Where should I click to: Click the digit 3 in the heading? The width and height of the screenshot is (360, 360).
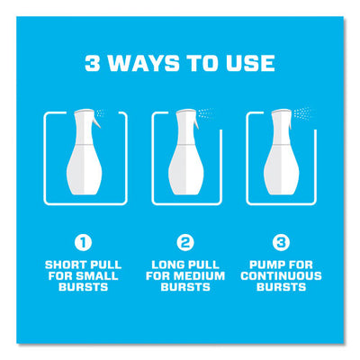pyautogui.click(x=93, y=63)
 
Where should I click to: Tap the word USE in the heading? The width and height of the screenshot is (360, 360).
pyautogui.click(x=250, y=63)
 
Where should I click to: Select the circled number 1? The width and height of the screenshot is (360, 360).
pyautogui.click(x=83, y=243)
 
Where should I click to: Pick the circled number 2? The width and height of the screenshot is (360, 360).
pyautogui.click(x=185, y=243)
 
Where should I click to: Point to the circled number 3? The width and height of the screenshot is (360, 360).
pyautogui.click(x=281, y=243)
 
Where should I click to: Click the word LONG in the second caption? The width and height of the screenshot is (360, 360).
pyautogui.click(x=168, y=265)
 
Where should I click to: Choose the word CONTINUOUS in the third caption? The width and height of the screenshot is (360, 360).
pyautogui.click(x=281, y=276)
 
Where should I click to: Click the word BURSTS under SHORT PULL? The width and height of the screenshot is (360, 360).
pyautogui.click(x=83, y=287)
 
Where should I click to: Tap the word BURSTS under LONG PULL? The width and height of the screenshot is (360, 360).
pyautogui.click(x=185, y=287)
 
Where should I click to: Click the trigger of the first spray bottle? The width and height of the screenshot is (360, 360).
pyautogui.click(x=96, y=121)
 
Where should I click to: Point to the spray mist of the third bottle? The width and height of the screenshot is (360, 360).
pyautogui.click(x=303, y=113)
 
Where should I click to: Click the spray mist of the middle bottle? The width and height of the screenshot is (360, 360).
pyautogui.click(x=206, y=113)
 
